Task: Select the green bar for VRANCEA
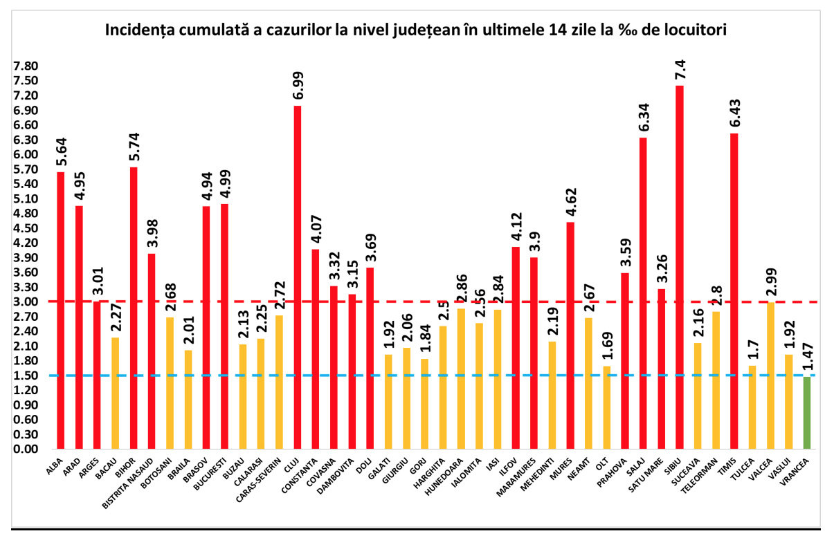[807, 413]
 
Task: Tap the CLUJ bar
[298, 277]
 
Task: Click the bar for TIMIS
[734, 290]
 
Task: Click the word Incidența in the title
[138, 30]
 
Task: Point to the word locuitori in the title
[692, 30]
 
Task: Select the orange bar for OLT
[607, 407]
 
